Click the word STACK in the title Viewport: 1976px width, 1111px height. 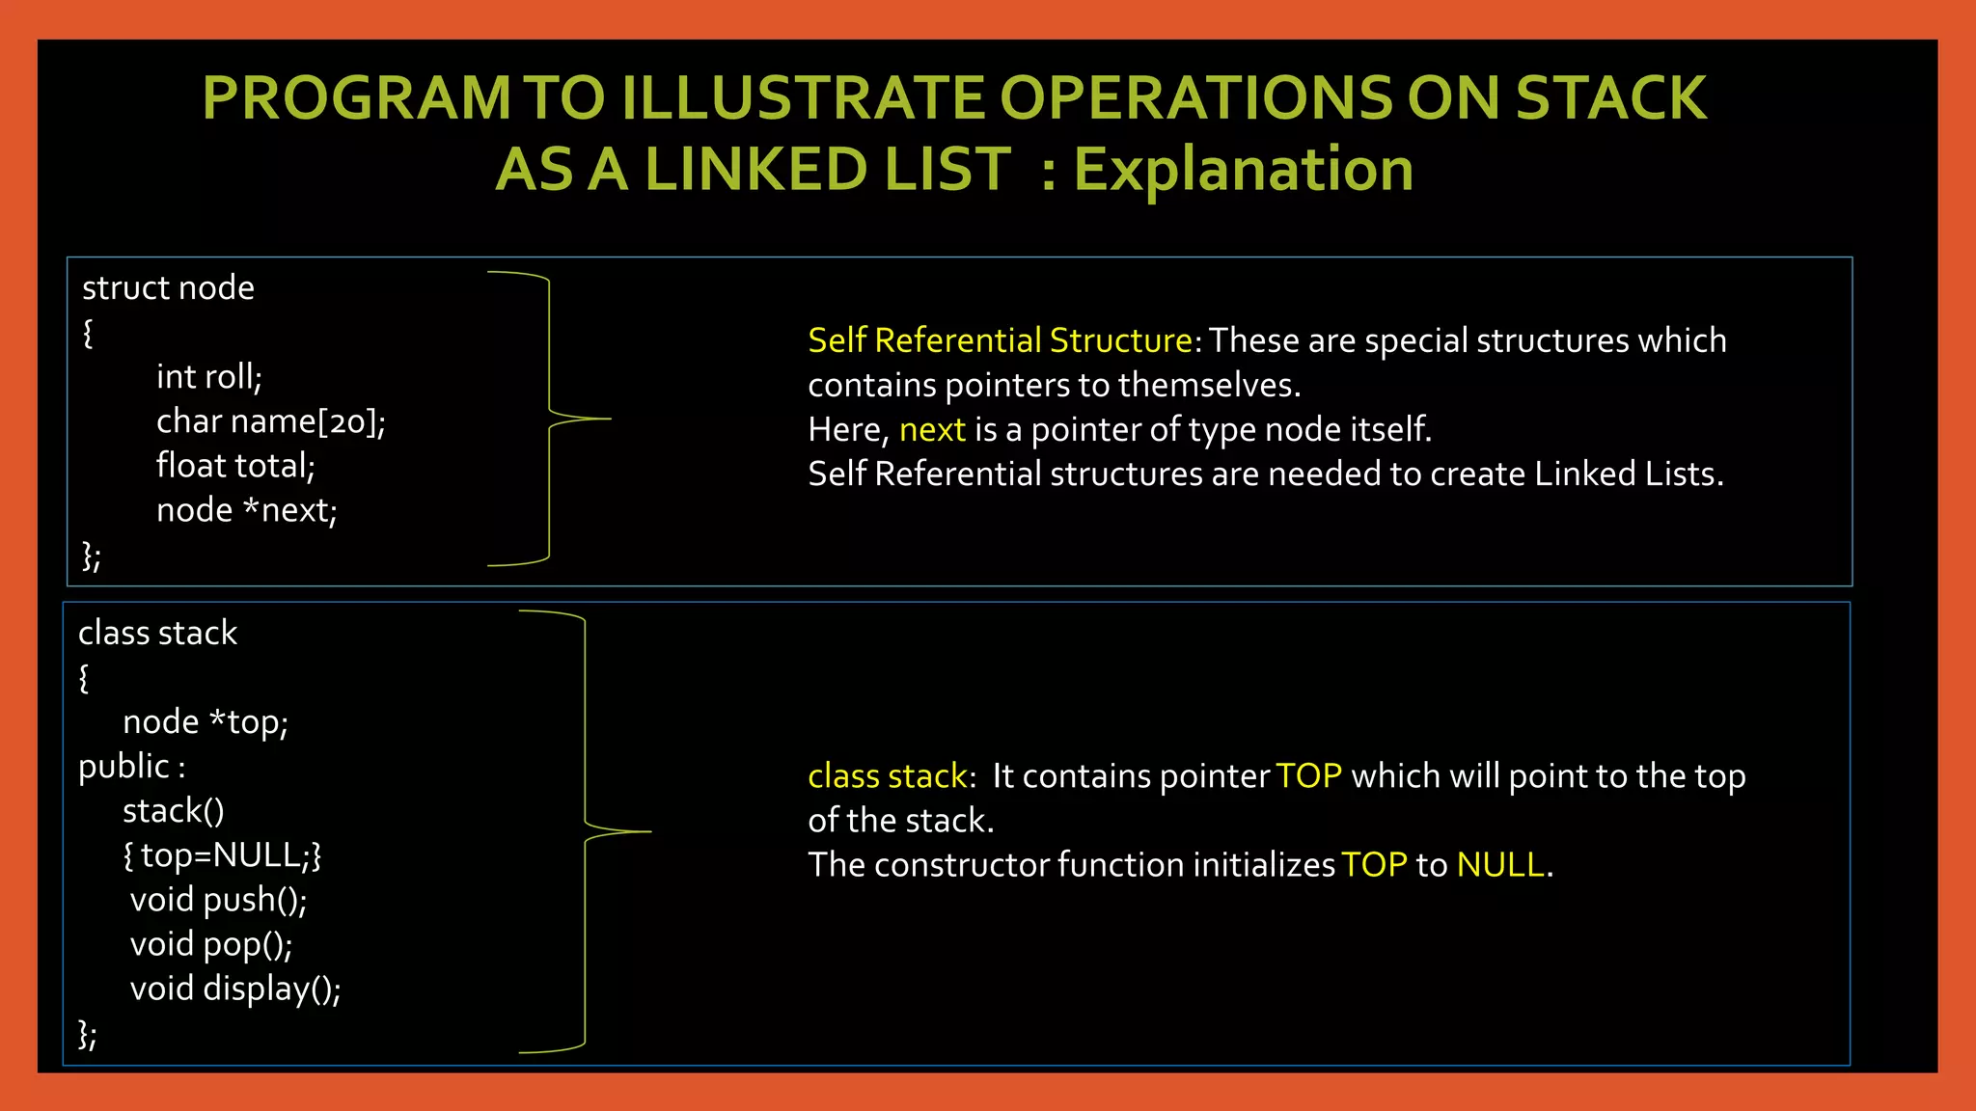[x=1610, y=98]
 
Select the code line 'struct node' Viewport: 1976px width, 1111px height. [x=168, y=287]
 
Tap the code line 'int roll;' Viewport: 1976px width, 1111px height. [x=208, y=376]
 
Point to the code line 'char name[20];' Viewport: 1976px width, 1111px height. [x=270, y=421]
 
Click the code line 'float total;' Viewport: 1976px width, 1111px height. [x=235, y=466]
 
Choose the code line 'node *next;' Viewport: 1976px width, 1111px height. [x=246, y=510]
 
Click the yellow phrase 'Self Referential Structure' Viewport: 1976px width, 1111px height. [x=1000, y=340]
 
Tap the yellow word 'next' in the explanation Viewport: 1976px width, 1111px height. [x=931, y=429]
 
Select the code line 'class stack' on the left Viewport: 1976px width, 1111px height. [x=157, y=633]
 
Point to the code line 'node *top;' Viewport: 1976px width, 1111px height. [x=205, y=721]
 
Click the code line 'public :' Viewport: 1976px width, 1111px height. [x=131, y=767]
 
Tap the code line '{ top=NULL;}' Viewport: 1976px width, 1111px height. [x=222, y=855]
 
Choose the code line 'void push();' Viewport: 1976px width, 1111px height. [x=218, y=900]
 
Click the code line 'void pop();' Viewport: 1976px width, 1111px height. [x=210, y=944]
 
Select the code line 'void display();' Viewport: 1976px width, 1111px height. [x=235, y=989]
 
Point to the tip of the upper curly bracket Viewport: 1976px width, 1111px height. [x=609, y=419]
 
